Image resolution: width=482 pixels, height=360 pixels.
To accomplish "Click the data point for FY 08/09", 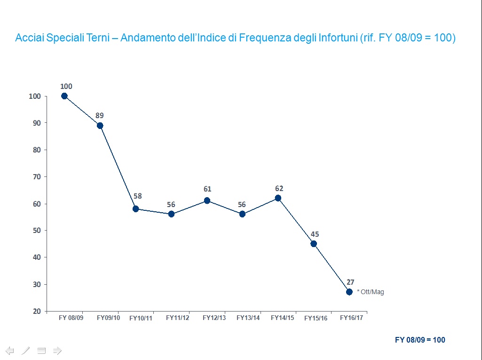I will (x=64, y=96).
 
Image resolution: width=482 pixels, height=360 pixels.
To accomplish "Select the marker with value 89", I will (x=100, y=126).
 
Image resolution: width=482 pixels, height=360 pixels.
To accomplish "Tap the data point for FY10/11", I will (x=135, y=209).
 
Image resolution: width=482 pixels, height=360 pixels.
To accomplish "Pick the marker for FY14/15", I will (x=278, y=198).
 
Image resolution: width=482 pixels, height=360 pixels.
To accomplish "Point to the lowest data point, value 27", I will (x=349, y=292).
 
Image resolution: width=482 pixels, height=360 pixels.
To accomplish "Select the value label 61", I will (x=207, y=189).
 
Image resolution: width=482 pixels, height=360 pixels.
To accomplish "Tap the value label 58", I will (x=137, y=196).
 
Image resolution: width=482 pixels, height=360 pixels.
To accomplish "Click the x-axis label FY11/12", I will (x=178, y=318).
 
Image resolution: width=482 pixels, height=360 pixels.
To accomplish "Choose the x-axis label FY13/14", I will (x=248, y=318).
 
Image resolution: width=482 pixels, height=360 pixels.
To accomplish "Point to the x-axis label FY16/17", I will (x=352, y=318).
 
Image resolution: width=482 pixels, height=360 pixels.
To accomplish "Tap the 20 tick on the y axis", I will (x=37, y=312).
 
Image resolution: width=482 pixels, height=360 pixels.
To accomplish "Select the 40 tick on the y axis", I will (x=37, y=257).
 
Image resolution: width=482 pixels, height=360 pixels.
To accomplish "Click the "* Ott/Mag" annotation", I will (x=371, y=292).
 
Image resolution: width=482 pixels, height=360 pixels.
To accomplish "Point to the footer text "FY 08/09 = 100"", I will (x=420, y=340).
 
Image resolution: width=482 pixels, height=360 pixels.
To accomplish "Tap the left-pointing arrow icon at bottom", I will (x=10, y=350).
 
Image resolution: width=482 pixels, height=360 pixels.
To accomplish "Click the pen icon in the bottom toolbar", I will (x=26, y=350).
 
